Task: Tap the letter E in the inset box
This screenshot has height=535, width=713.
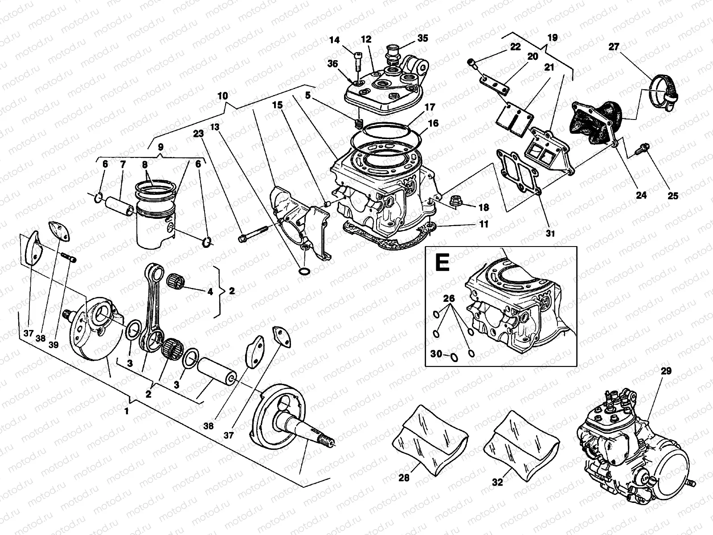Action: tap(442, 263)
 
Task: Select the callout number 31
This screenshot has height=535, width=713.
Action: tap(550, 233)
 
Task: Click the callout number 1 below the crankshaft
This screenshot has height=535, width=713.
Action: tap(127, 411)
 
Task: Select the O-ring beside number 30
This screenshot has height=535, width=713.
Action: tap(454, 356)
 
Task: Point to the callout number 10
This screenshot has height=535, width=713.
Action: tap(222, 96)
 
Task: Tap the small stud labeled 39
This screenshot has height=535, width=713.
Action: tap(70, 257)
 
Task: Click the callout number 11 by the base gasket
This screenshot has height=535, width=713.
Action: tap(484, 224)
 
